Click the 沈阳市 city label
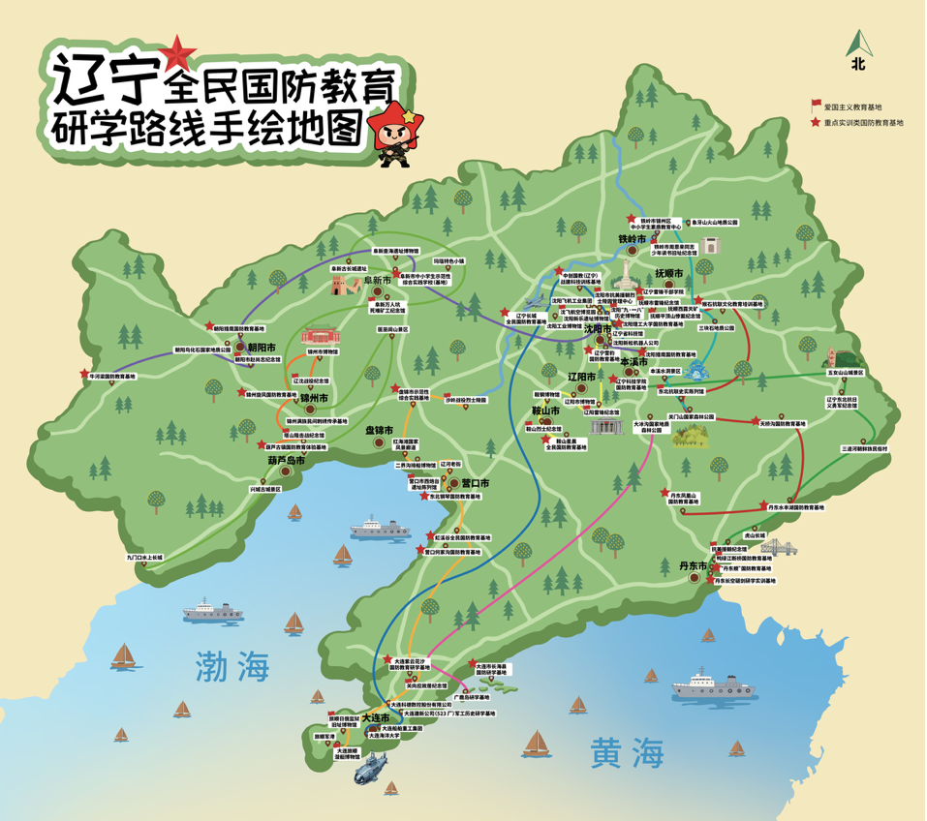pyautogui.click(x=598, y=329)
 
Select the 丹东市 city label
pyautogui.click(x=692, y=565)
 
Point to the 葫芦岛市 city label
pyautogui.click(x=287, y=461)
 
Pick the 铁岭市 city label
pyautogui.click(x=632, y=238)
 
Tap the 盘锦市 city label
pyautogui.click(x=379, y=430)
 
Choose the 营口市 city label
pyautogui.click(x=475, y=483)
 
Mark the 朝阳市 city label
pyautogui.click(x=262, y=346)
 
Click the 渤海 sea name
pyautogui.click(x=232, y=666)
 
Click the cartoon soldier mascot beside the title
pyautogui.click(x=398, y=137)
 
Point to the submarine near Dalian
pyautogui.click(x=372, y=772)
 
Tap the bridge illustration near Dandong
pyautogui.click(x=779, y=548)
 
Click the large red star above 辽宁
pyautogui.click(x=177, y=50)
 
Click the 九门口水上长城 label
pyautogui.click(x=144, y=558)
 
